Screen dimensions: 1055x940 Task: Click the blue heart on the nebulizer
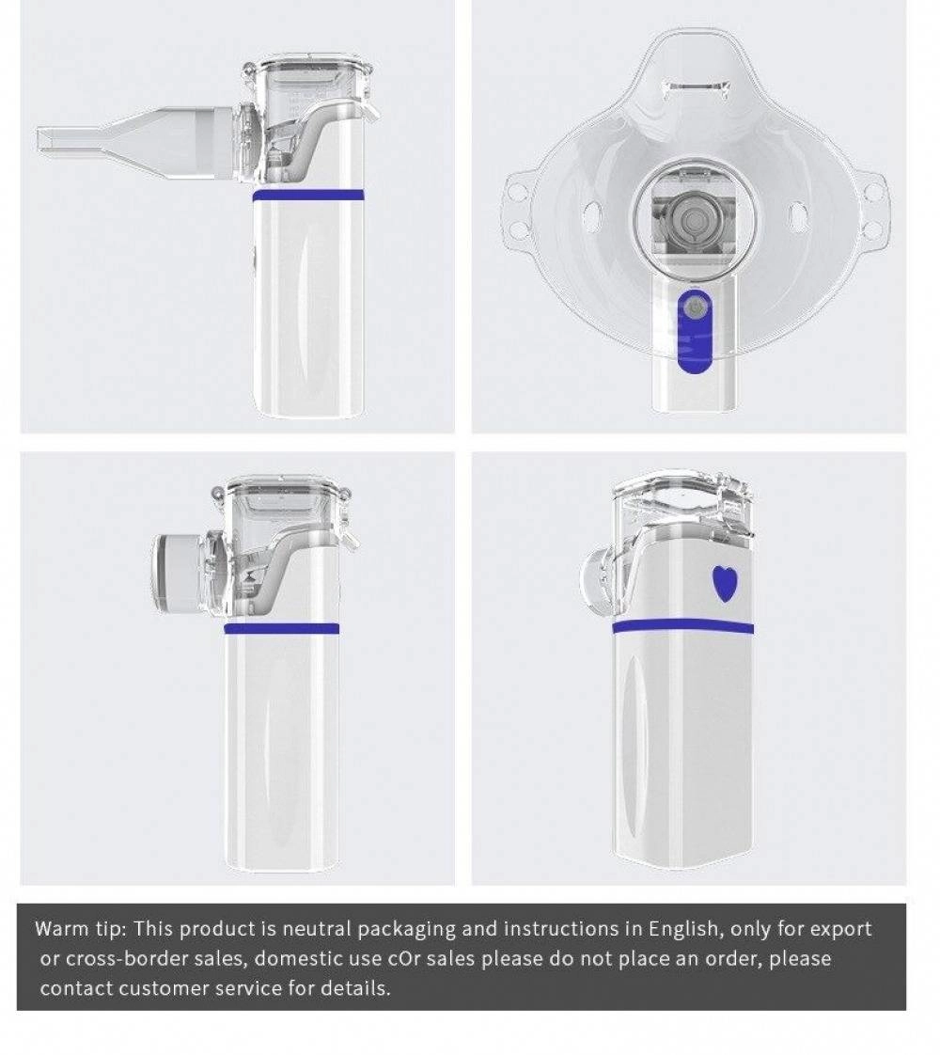[x=724, y=584]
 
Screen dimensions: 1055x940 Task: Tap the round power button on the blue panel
[x=694, y=307]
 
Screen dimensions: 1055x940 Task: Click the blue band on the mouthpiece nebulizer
[x=307, y=196]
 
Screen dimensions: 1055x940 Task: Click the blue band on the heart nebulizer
[x=682, y=626]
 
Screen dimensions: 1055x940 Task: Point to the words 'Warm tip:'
[x=80, y=929]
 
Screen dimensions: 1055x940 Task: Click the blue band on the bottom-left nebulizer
[x=282, y=628]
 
